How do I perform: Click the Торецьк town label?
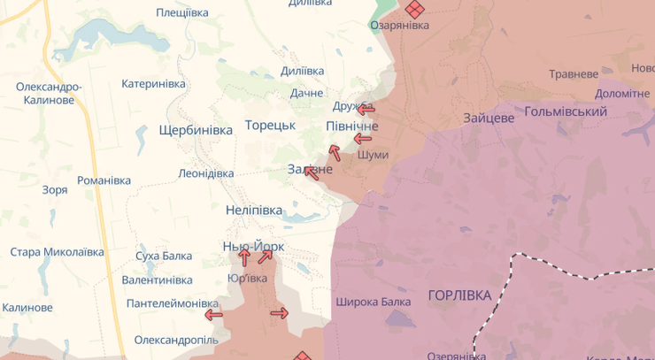point(270,126)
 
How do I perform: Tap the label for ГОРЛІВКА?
point(458,295)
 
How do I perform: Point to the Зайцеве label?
point(489,117)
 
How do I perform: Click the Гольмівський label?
point(566,111)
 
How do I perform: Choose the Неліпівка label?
point(254,211)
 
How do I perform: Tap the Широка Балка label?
point(373,302)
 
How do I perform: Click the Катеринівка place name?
point(154,84)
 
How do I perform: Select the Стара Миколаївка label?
point(57,252)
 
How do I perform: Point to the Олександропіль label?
point(176,340)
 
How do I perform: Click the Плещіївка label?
point(182,12)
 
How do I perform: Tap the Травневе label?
point(574,74)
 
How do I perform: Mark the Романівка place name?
point(104,180)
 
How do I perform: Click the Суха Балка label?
point(164,257)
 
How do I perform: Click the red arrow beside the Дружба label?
point(366,109)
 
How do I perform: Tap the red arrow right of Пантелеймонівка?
point(213,314)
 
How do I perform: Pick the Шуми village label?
point(373,155)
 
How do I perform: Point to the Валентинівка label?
point(158,280)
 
